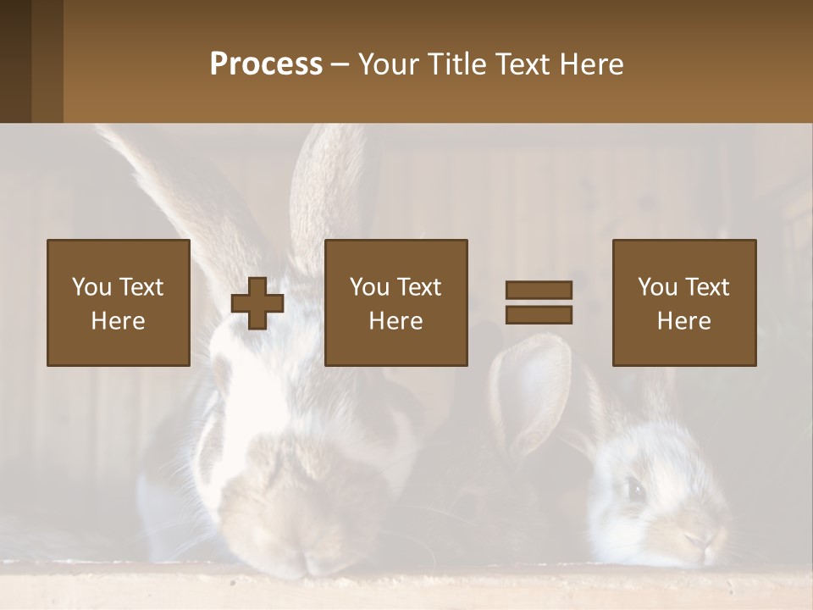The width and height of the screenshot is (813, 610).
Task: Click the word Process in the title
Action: click(266, 64)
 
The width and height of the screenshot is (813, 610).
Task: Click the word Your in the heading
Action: click(386, 64)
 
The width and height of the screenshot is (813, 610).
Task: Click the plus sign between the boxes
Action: click(257, 303)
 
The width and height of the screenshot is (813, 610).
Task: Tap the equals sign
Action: click(539, 302)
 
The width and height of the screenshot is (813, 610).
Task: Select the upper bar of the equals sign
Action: click(539, 291)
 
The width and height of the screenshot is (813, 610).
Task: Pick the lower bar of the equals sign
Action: click(539, 314)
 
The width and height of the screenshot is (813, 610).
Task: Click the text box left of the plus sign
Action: click(119, 302)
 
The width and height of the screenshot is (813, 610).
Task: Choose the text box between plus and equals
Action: click(396, 302)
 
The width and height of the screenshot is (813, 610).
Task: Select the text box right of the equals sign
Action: click(684, 302)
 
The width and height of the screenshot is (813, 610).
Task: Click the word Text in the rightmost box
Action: click(707, 287)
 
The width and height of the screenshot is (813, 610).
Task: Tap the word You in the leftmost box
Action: click(91, 287)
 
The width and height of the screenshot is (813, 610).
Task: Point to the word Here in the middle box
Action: click(396, 321)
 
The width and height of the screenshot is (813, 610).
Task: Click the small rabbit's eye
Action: click(634, 488)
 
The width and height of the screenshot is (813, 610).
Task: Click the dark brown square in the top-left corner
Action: click(31, 61)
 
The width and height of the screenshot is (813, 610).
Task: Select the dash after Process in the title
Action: click(340, 64)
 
